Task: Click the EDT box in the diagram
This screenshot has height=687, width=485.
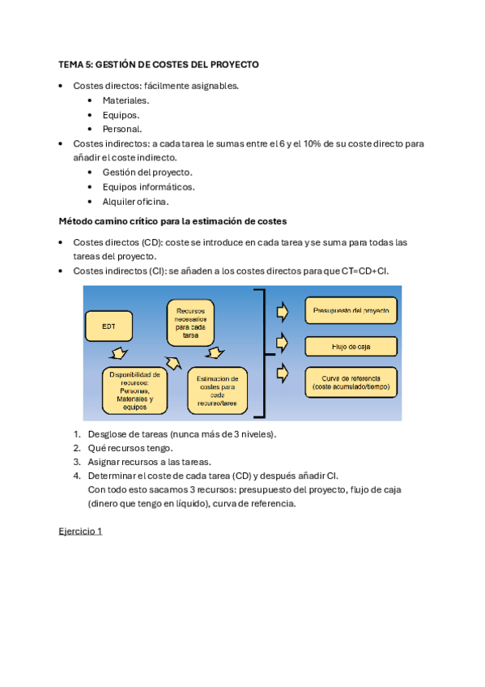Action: point(108,326)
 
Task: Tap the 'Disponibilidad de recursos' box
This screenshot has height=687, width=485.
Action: point(134,390)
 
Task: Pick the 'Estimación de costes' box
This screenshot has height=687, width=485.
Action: point(217,390)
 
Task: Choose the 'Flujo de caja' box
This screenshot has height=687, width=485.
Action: point(351,347)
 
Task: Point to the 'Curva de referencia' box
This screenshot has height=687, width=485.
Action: point(351,383)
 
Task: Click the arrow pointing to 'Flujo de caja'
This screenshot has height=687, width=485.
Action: point(281,341)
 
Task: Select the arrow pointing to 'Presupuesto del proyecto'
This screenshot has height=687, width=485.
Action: point(281,310)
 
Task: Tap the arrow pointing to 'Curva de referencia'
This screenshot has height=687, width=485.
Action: point(281,373)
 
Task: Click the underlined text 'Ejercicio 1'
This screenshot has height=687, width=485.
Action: point(80,531)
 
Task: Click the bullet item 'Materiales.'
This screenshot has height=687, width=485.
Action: point(126,100)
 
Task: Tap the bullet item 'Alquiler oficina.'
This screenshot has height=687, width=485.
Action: point(135,201)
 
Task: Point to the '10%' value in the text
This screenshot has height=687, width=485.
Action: point(314,143)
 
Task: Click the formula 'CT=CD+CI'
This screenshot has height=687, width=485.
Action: point(365,270)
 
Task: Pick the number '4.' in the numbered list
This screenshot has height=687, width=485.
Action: point(77,476)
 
